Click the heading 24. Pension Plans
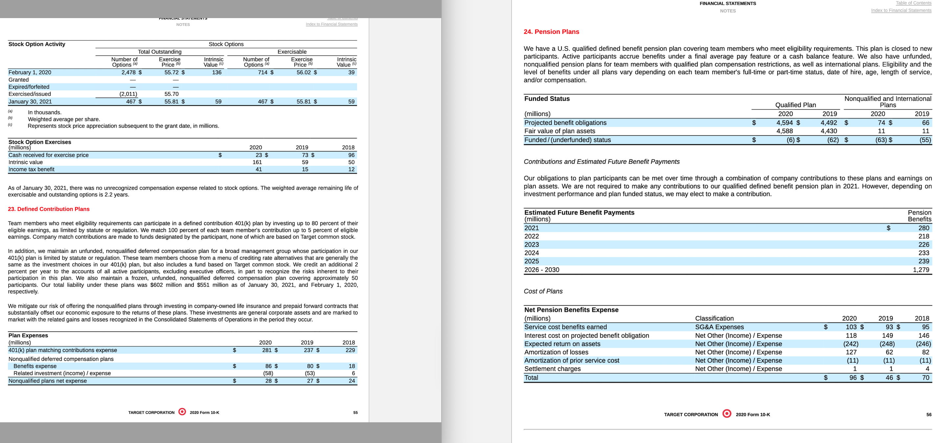[551, 32]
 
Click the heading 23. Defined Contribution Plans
[49, 209]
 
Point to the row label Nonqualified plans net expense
[48, 381]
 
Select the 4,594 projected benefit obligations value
[784, 123]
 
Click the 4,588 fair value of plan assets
[784, 131]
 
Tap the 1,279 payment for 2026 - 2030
[921, 270]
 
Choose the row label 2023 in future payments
[532, 245]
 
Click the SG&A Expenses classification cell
[719, 327]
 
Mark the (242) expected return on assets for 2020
[850, 344]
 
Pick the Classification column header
[714, 318]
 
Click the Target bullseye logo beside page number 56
[727, 414]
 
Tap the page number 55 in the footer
[355, 412]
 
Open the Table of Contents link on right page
[913, 3]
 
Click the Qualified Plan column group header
[795, 105]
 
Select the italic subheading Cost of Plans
[543, 291]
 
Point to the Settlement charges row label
[552, 369]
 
